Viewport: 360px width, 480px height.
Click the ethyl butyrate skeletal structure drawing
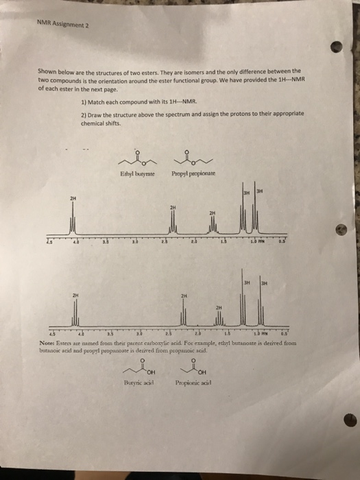click(x=134, y=157)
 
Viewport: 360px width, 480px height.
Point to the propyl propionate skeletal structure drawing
click(x=186, y=157)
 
